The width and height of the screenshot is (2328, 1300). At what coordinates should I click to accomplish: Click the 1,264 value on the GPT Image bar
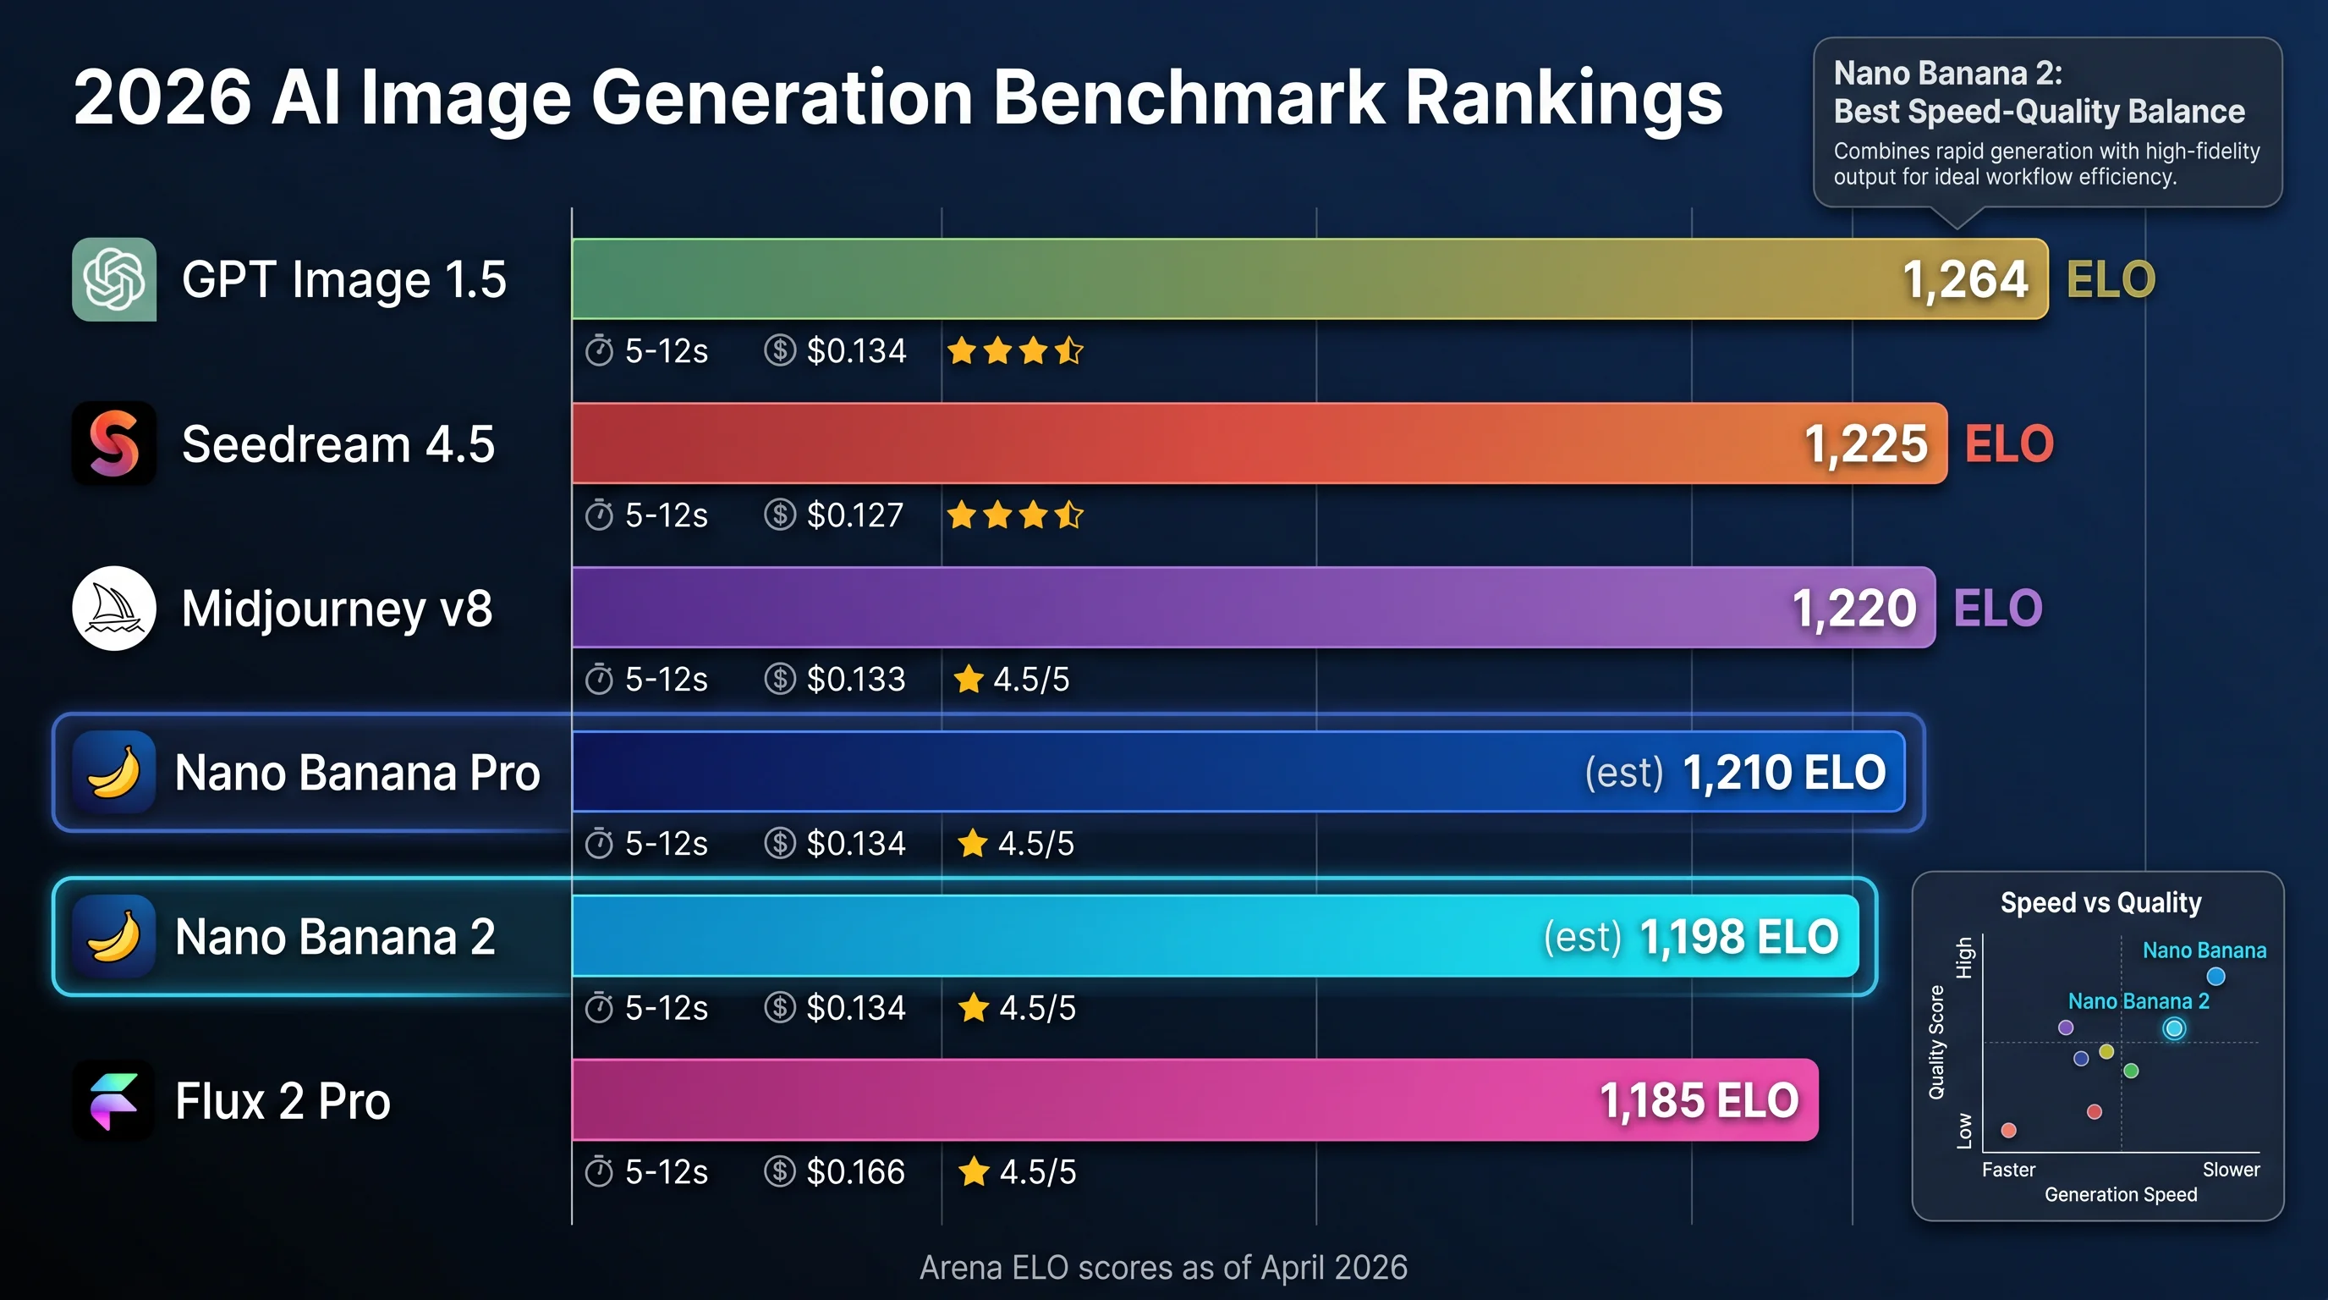(x=1965, y=279)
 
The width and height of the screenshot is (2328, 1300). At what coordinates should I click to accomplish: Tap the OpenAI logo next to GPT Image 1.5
(x=114, y=279)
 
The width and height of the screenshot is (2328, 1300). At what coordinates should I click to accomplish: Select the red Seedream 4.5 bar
(x=1175, y=443)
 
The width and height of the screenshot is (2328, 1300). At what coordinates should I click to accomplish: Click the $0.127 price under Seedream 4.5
(x=854, y=515)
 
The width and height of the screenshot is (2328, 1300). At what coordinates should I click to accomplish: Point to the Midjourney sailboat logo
(x=114, y=609)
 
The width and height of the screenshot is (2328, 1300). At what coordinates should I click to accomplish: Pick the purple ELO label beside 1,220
(x=1997, y=609)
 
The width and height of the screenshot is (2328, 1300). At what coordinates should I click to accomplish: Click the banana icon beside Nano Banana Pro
(x=114, y=773)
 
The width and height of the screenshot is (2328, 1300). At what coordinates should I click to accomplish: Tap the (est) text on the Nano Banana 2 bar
(x=1583, y=937)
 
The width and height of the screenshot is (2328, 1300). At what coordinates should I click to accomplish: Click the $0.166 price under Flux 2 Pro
(x=854, y=1172)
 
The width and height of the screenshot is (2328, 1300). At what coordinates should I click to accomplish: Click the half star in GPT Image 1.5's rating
(x=1069, y=350)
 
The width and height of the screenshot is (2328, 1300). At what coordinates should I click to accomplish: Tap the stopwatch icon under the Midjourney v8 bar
(x=599, y=679)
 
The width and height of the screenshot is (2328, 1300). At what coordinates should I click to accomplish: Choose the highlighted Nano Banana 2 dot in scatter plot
(x=2174, y=1029)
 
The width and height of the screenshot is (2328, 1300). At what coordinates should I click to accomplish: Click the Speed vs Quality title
(x=2100, y=902)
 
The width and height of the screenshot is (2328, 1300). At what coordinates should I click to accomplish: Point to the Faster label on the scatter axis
(x=2008, y=1170)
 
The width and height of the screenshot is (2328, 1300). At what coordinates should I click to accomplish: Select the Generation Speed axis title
(x=2120, y=1195)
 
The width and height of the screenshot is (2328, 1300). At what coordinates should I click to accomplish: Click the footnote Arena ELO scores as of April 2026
(x=1163, y=1268)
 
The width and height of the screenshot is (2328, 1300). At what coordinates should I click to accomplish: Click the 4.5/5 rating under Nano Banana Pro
(x=1035, y=844)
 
